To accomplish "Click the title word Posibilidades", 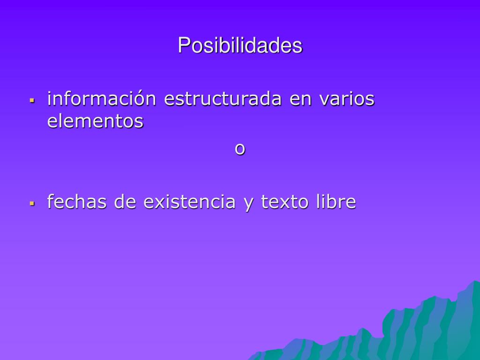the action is (x=240, y=45).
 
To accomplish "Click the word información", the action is (x=102, y=98).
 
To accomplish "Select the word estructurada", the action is (x=223, y=98).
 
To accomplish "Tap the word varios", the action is (x=347, y=98).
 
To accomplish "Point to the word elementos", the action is (x=95, y=120).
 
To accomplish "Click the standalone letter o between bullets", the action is (x=240, y=149).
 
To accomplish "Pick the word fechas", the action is (x=77, y=202).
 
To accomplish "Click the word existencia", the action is (x=189, y=202).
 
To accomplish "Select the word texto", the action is (x=285, y=202).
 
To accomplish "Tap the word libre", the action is (x=336, y=202).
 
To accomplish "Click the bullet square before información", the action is (x=32, y=100).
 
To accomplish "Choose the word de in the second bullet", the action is (x=125, y=202).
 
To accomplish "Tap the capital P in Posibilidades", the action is (x=184, y=45).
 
